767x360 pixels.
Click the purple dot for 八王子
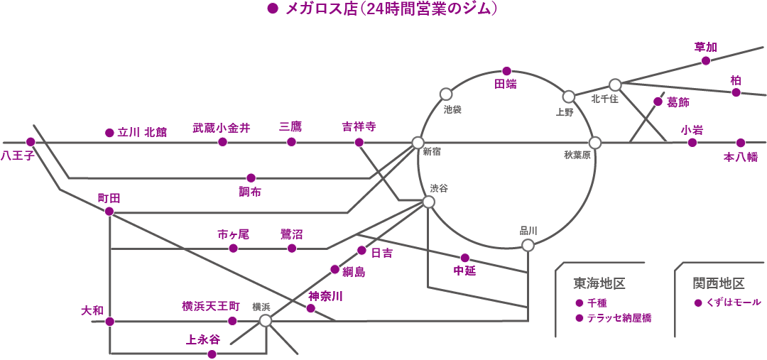pyautogui.click(x=31, y=141)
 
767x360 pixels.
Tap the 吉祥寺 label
pyautogui.click(x=359, y=126)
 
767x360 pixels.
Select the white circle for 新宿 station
pyautogui.click(x=418, y=143)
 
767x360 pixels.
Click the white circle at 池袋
pyautogui.click(x=446, y=94)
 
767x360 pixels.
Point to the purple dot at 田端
pyautogui.click(x=506, y=71)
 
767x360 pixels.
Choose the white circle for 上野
pyautogui.click(x=568, y=97)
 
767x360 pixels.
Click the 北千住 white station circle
pyautogui.click(x=615, y=84)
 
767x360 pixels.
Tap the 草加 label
pyautogui.click(x=705, y=47)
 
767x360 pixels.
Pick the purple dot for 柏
pyautogui.click(x=736, y=92)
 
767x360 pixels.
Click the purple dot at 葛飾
pyautogui.click(x=658, y=102)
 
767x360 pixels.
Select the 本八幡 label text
pyautogui.click(x=741, y=158)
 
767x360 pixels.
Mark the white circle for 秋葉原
pyautogui.click(x=595, y=143)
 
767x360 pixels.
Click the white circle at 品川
pyautogui.click(x=528, y=245)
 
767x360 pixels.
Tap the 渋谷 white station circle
pyautogui.click(x=428, y=202)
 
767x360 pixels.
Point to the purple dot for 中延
pyautogui.click(x=465, y=257)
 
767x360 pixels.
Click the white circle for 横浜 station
pyautogui.click(x=265, y=321)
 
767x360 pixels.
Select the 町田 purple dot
pyautogui.click(x=109, y=212)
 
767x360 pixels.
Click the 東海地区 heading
pyautogui.click(x=599, y=283)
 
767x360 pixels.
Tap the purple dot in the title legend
pyautogui.click(x=272, y=9)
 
